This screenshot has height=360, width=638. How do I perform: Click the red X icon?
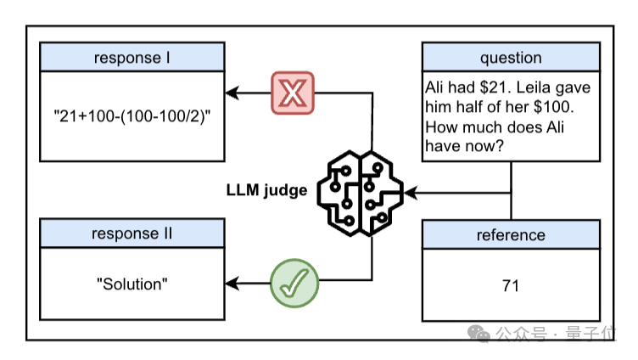pyautogui.click(x=293, y=93)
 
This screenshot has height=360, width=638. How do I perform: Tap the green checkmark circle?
pyautogui.click(x=294, y=283)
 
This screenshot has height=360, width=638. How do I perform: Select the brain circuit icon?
pyautogui.click(x=360, y=193)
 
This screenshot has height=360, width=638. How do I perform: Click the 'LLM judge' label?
pyautogui.click(x=266, y=190)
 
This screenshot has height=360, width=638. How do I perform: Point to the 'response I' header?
pyautogui.click(x=132, y=58)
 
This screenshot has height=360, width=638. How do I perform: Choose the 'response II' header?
pyautogui.click(x=132, y=233)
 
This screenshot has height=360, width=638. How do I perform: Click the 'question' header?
pyautogui.click(x=511, y=58)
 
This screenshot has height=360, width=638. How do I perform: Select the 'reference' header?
pyautogui.click(x=511, y=235)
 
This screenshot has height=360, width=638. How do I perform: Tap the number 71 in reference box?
pyautogui.click(x=511, y=286)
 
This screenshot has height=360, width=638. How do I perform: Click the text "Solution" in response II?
pyautogui.click(x=132, y=284)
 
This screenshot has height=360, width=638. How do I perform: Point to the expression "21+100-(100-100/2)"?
pyautogui.click(x=132, y=116)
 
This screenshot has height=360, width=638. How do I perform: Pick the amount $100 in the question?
pyautogui.click(x=551, y=107)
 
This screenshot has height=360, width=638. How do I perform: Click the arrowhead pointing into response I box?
pyautogui.click(x=232, y=93)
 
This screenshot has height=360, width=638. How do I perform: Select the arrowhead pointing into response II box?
pyautogui.click(x=232, y=283)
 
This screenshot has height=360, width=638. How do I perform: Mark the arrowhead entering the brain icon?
pyautogui.click(x=411, y=193)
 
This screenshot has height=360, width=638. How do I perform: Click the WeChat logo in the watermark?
pyautogui.click(x=478, y=334)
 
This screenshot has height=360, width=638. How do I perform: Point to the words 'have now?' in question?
pyautogui.click(x=465, y=146)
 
